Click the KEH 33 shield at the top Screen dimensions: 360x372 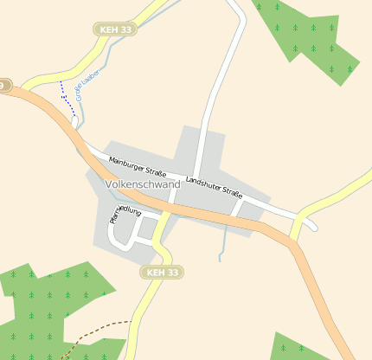116,29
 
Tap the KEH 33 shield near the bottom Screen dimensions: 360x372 162,273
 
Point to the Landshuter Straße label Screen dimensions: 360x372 213,186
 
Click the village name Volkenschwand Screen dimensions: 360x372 142,184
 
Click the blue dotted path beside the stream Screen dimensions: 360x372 66,95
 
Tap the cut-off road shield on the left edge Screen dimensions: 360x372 4,85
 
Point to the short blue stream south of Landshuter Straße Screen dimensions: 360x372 224,242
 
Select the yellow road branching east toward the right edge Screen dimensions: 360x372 337,195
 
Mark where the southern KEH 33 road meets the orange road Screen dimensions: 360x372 164,213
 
